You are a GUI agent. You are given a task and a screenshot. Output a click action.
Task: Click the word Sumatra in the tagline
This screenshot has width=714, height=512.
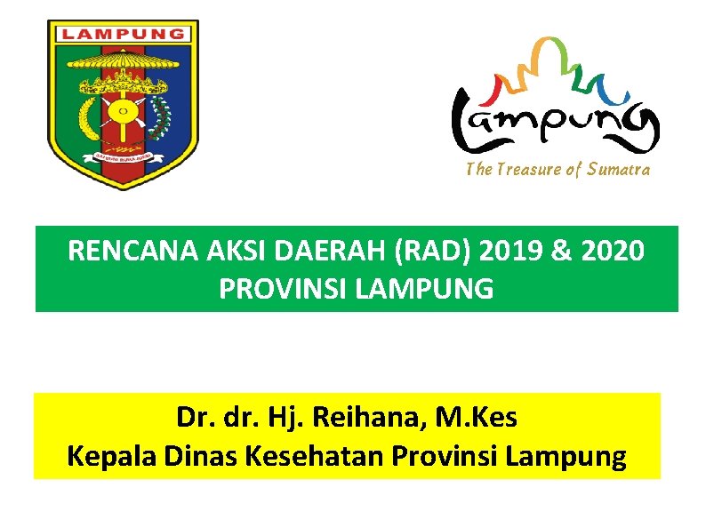[618, 170]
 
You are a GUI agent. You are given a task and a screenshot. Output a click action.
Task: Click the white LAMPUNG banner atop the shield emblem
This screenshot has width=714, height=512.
[123, 35]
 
